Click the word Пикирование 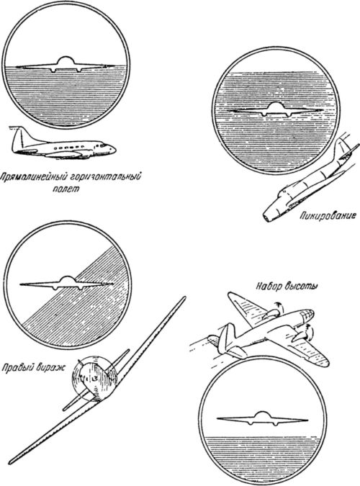[x=327, y=215]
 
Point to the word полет [x=66, y=189]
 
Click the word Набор [x=266, y=286]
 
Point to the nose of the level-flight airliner [x=112, y=149]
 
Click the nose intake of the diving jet [x=267, y=217]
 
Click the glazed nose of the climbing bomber [x=307, y=315]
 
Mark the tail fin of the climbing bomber [x=230, y=336]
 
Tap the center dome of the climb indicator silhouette [x=262, y=415]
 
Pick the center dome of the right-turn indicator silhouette [x=66, y=280]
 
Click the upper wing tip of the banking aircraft [x=184, y=298]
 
